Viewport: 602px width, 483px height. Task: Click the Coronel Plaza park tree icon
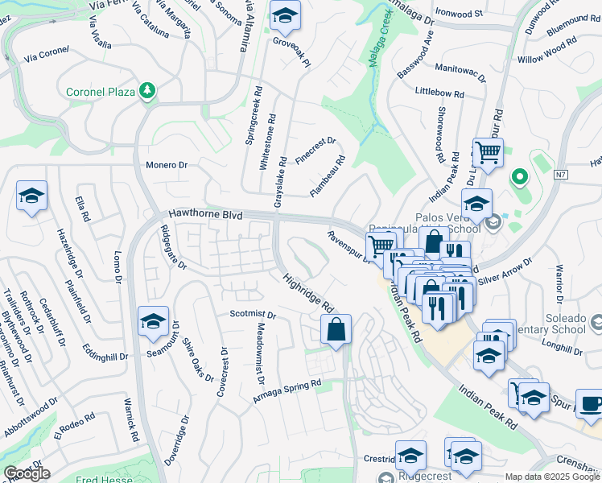[x=146, y=91]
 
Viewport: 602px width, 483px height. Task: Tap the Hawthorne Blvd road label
[x=205, y=215]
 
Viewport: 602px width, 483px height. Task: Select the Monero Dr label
[x=167, y=165]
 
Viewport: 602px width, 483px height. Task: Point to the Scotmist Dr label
[x=253, y=315]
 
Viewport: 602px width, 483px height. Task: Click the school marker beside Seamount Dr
[x=153, y=321]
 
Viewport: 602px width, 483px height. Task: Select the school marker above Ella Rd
[x=31, y=196]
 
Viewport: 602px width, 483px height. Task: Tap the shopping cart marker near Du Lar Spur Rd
[x=488, y=151]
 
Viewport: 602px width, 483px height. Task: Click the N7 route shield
[x=561, y=175]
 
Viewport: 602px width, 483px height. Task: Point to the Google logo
[x=27, y=474]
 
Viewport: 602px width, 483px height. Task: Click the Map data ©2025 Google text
[x=551, y=477]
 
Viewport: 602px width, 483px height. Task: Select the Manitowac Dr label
[x=460, y=74]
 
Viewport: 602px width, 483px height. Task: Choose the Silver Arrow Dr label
[x=505, y=272]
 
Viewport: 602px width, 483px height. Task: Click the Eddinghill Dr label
[x=105, y=352]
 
